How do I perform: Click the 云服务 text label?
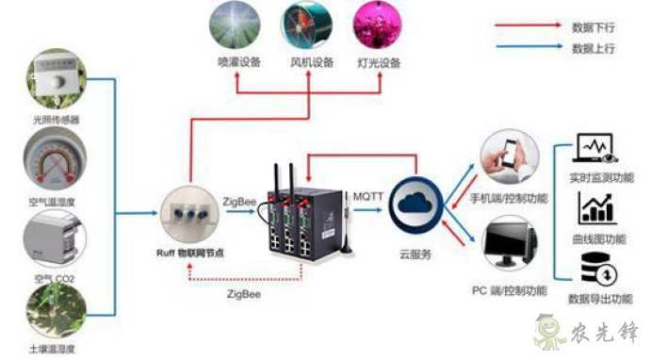416,255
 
